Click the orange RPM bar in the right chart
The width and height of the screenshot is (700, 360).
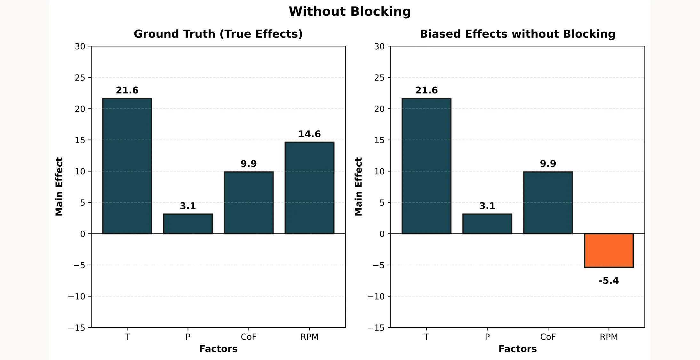pos(609,250)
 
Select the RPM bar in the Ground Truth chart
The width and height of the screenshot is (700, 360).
pos(309,188)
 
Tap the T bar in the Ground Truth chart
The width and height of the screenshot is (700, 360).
pos(127,166)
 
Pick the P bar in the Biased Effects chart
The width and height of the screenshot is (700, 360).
pos(487,224)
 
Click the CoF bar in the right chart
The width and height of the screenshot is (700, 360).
pos(548,203)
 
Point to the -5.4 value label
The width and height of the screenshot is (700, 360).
pos(609,281)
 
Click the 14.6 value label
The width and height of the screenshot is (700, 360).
pos(309,134)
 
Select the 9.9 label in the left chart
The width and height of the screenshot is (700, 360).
pos(249,164)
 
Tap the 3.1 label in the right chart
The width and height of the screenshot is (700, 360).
pos(487,206)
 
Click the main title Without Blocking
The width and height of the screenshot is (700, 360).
pos(350,12)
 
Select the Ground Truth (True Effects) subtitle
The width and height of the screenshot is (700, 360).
pos(218,34)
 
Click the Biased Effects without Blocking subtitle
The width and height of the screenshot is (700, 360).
pos(517,34)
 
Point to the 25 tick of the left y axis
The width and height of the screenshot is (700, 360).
pos(80,78)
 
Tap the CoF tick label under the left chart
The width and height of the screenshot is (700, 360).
pos(249,337)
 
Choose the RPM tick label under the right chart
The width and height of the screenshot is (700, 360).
pos(609,337)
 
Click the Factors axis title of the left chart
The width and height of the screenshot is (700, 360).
pos(218,349)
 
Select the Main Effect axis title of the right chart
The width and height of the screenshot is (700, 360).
pos(358,187)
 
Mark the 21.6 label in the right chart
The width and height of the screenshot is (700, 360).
pos(426,91)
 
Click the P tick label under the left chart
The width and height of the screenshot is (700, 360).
pos(188,337)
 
